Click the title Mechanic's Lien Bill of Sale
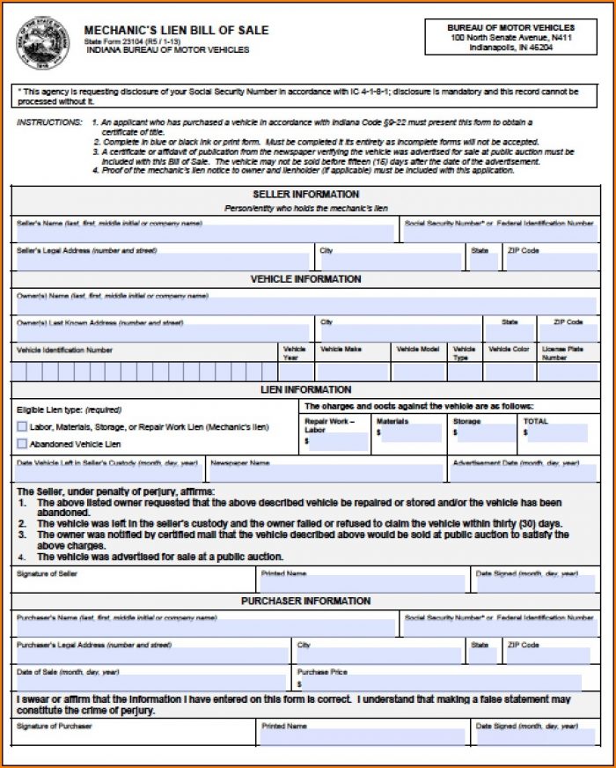pyautogui.click(x=176, y=31)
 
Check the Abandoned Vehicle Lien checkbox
pyautogui.click(x=22, y=444)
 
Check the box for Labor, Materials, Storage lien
pyautogui.click(x=22, y=427)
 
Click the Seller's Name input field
pyautogui.click(x=205, y=233)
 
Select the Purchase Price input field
pyautogui.click(x=440, y=683)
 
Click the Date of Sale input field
pyautogui.click(x=151, y=683)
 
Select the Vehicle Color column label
pyautogui.click(x=510, y=350)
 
